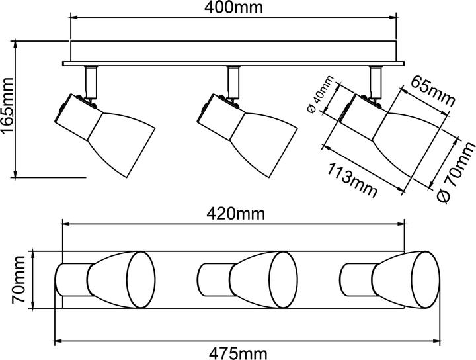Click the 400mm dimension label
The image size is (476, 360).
233,7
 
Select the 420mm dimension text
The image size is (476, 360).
236,214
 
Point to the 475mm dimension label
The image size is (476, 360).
238,353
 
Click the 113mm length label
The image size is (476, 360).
352,181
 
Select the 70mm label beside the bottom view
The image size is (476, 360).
19,280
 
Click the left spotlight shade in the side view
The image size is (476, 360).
122,143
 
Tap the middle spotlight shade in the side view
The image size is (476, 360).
264,143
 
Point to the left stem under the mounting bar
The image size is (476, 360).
91,81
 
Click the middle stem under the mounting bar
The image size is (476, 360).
233,81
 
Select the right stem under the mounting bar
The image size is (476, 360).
376,81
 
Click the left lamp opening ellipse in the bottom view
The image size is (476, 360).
141,280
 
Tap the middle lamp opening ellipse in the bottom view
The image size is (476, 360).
283,280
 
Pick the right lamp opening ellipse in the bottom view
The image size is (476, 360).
425,280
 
